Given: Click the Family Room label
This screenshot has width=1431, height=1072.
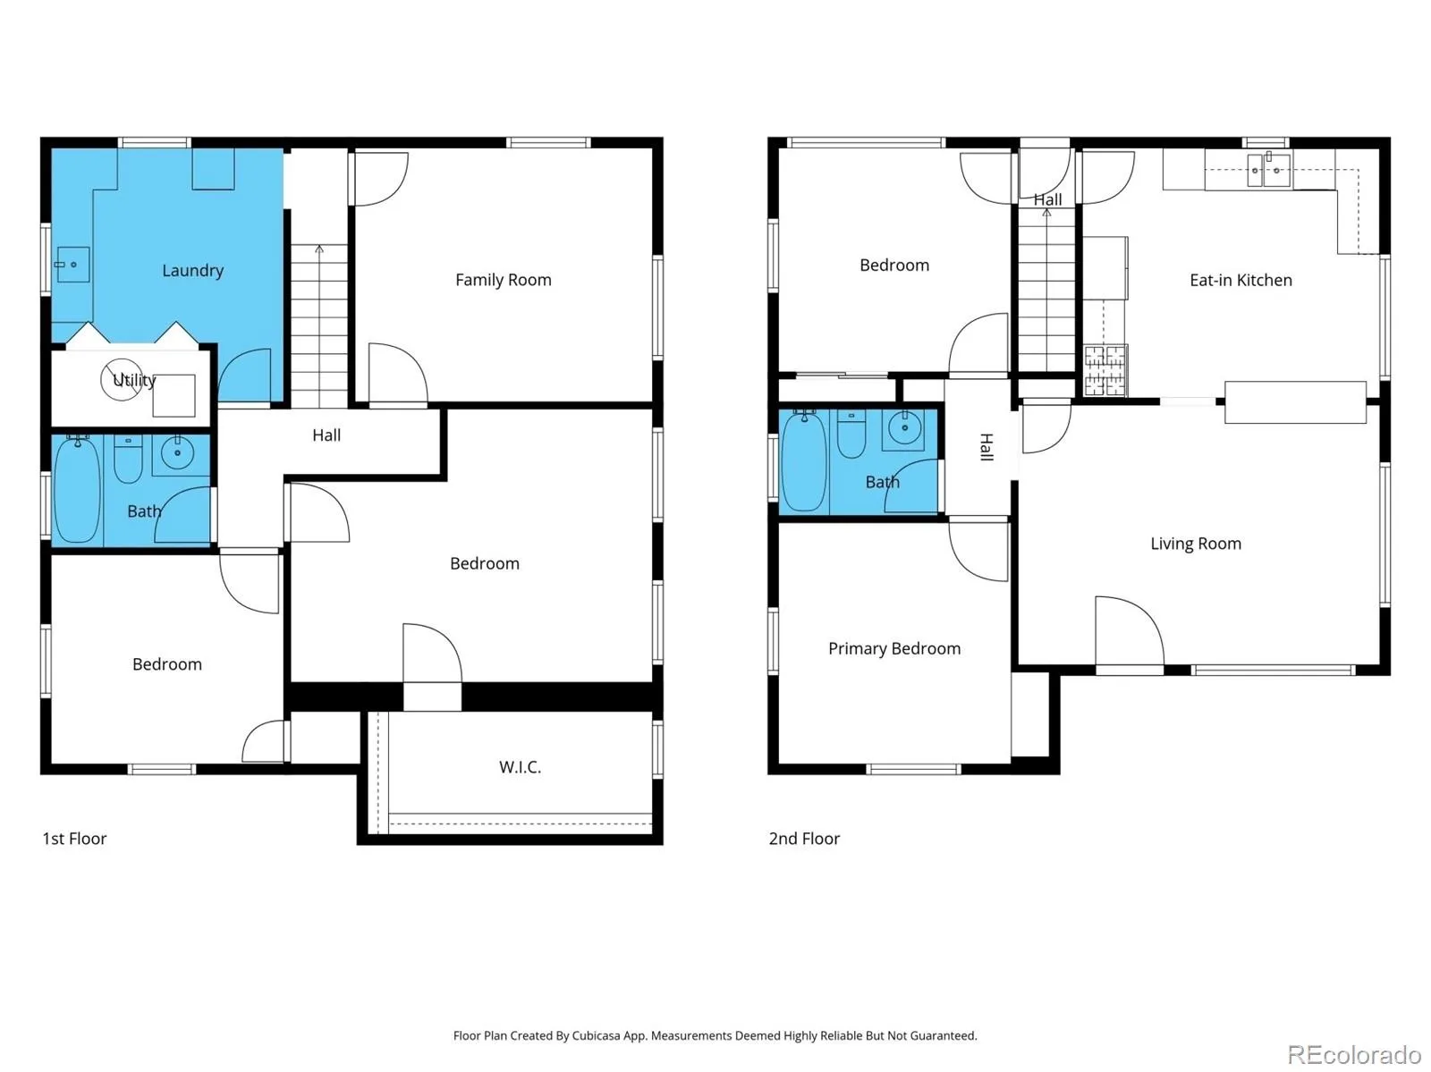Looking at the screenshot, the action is pyautogui.click(x=503, y=280).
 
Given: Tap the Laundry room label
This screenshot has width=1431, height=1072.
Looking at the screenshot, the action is pyautogui.click(x=192, y=270).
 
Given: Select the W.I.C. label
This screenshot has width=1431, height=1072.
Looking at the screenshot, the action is pyautogui.click(x=520, y=767).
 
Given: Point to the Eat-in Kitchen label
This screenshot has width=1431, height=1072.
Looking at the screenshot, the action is pyautogui.click(x=1240, y=280).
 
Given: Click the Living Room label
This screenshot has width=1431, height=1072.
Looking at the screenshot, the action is pyautogui.click(x=1195, y=544).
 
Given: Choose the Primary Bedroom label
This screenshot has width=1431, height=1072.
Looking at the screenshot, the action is pyautogui.click(x=893, y=648).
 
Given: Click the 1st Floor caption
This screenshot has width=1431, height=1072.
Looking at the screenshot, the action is pyautogui.click(x=74, y=838).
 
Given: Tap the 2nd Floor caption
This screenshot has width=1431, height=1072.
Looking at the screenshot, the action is pyautogui.click(x=804, y=838).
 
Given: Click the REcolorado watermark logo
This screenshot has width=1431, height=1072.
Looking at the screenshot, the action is pyautogui.click(x=1354, y=1054).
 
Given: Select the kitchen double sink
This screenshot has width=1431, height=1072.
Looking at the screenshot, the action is pyautogui.click(x=1268, y=170).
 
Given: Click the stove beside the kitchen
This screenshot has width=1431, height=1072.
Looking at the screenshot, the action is pyautogui.click(x=1105, y=370).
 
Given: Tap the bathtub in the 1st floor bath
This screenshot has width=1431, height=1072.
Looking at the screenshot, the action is pyautogui.click(x=77, y=489).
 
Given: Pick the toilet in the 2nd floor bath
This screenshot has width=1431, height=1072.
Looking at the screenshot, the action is pyautogui.click(x=851, y=434).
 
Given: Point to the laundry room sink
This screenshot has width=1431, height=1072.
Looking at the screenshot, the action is pyautogui.click(x=72, y=264).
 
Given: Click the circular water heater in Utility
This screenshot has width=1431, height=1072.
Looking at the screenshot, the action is pyautogui.click(x=122, y=379).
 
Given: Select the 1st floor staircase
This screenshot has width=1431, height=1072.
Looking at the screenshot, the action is pyautogui.click(x=318, y=325).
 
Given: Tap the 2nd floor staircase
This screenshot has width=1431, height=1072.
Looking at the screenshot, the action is pyautogui.click(x=1046, y=290).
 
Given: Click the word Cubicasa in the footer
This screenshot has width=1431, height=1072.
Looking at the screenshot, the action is pyautogui.click(x=596, y=1035).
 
